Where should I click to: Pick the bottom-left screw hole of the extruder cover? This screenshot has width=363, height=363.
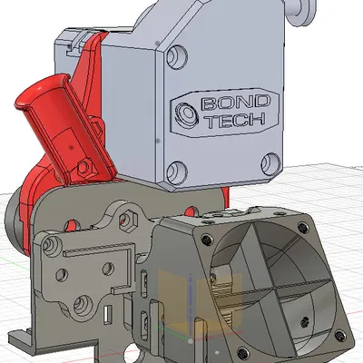tap(176, 168)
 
